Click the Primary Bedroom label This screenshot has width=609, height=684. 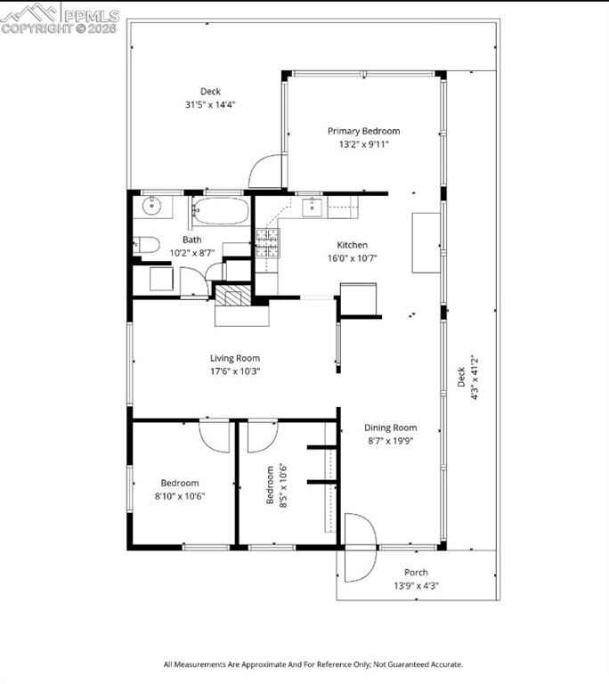[x=363, y=131]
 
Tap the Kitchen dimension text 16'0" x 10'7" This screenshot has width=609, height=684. [x=352, y=257]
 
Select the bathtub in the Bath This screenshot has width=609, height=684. [x=221, y=212]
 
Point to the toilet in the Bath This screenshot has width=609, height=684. [x=147, y=245]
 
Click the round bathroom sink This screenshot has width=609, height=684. [x=152, y=207]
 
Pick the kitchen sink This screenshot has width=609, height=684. [x=313, y=207]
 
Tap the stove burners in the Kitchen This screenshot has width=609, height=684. [x=267, y=243]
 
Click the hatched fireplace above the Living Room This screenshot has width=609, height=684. [x=234, y=295]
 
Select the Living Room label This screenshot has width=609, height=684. [x=235, y=358]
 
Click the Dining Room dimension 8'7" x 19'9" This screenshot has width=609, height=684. [x=391, y=441]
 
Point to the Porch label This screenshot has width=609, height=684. [x=416, y=573]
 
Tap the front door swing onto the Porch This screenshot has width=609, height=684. [x=361, y=548]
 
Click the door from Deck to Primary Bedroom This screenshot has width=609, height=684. [x=267, y=171]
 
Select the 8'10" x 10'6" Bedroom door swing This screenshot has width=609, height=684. [x=215, y=436]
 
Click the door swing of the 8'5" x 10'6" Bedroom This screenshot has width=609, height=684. [x=263, y=436]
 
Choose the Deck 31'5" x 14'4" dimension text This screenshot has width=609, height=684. [x=210, y=104]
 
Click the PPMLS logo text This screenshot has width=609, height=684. [x=92, y=16]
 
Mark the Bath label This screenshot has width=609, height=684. [x=192, y=240]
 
